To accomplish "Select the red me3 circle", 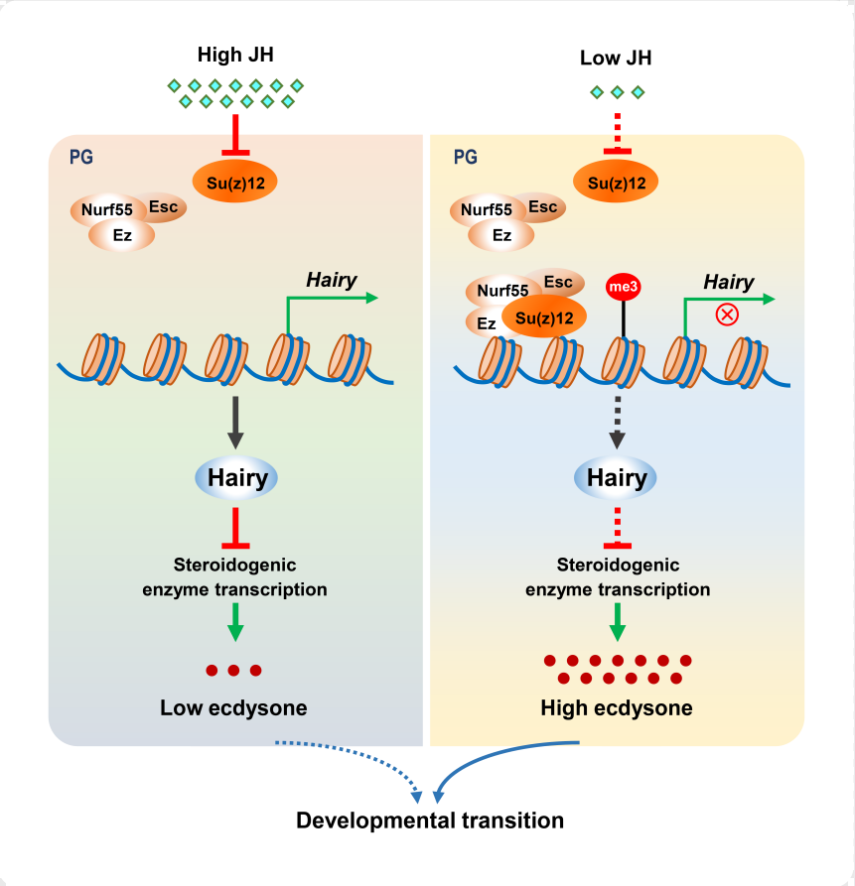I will coord(623,287).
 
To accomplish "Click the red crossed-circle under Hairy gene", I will coord(728,315).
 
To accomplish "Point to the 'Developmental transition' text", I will coord(430,821).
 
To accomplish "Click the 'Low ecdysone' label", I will coord(233,708).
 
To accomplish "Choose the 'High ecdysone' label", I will coord(616,708).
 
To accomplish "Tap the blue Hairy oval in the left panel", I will coord(237,478).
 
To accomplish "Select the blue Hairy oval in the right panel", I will coord(617,478).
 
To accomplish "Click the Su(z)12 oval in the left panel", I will coord(234,181).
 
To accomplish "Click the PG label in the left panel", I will coord(80,157).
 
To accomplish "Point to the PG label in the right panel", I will coord(464,157).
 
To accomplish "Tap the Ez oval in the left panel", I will coord(122,235).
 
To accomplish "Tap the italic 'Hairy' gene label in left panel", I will coord(332,280).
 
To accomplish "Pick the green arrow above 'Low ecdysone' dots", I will coord(236,621).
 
